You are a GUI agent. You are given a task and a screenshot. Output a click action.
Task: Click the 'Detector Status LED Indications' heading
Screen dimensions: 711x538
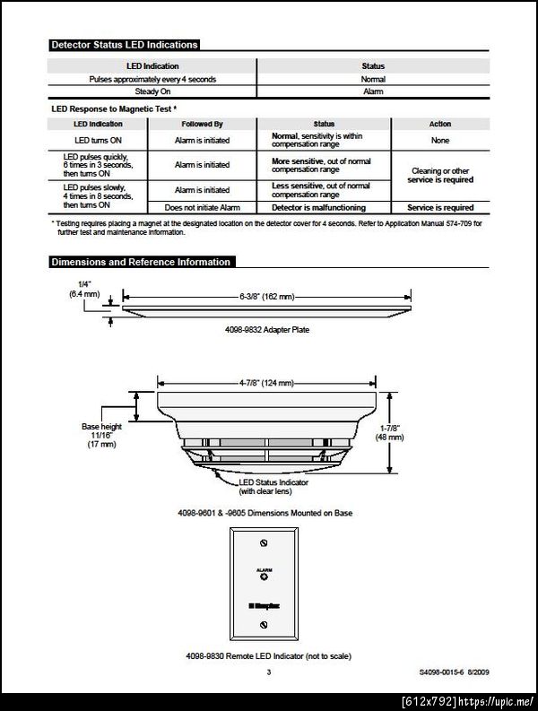[x=124, y=45]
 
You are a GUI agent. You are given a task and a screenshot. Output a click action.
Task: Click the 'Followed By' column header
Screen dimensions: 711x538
[x=202, y=124]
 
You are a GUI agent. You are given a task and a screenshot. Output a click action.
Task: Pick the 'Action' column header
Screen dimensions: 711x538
[x=440, y=124]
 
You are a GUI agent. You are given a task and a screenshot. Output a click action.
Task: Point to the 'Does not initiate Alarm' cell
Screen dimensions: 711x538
[x=202, y=208]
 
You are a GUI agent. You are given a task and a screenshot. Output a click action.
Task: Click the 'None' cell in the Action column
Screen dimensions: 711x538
[x=440, y=140]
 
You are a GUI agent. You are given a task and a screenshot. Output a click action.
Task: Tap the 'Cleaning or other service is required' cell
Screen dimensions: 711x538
[x=440, y=175]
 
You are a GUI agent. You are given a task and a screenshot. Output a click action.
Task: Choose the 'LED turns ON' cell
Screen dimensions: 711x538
[x=99, y=140]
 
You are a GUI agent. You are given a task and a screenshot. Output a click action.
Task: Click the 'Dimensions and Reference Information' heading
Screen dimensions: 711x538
[x=141, y=262]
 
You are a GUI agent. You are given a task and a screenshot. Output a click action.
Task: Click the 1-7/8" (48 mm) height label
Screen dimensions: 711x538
[x=416, y=432]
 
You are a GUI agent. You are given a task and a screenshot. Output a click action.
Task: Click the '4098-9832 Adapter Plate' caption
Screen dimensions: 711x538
[x=265, y=330]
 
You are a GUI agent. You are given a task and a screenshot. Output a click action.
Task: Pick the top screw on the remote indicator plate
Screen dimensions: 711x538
[x=263, y=544]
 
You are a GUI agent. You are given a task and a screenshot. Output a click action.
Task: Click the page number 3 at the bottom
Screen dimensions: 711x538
[x=267, y=671]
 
